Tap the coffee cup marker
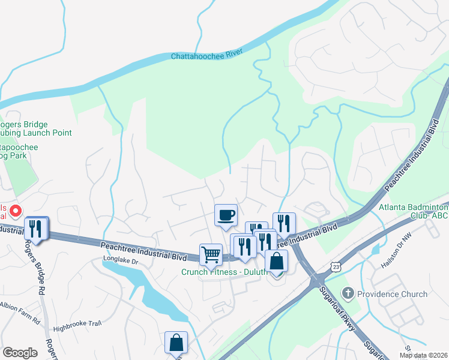click(x=226, y=215)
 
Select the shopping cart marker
click(x=211, y=254)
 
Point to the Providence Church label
click(x=393, y=294)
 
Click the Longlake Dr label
click(x=120, y=262)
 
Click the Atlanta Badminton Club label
click(x=414, y=213)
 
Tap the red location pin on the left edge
click(x=16, y=211)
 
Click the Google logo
click(x=20, y=353)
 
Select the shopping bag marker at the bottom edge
click(x=176, y=343)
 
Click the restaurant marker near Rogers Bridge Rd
click(x=37, y=229)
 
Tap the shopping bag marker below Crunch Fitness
click(x=276, y=262)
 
